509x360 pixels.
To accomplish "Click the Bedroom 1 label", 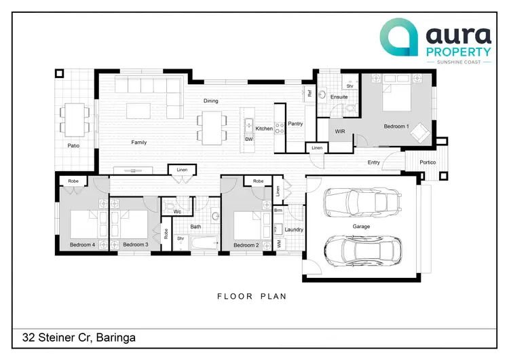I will coord(396,126).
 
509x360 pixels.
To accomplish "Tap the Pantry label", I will coord(295,124).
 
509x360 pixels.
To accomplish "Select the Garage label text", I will coord(361,226).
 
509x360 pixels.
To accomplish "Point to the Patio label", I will coord(74,145).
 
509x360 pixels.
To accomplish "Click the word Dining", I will coord(211,101).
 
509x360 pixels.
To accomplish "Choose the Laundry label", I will coord(294,230).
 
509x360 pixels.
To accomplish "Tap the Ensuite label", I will coord(339,97).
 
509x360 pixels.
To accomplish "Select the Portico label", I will coord(428,162).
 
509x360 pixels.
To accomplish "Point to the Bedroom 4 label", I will coord(82,245).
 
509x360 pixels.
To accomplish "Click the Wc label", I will coord(176,212).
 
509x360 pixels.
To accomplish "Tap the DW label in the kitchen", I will coord(248,139).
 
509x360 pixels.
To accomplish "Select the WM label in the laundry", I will coord(278,243).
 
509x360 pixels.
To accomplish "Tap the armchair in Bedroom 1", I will coord(421,130).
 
